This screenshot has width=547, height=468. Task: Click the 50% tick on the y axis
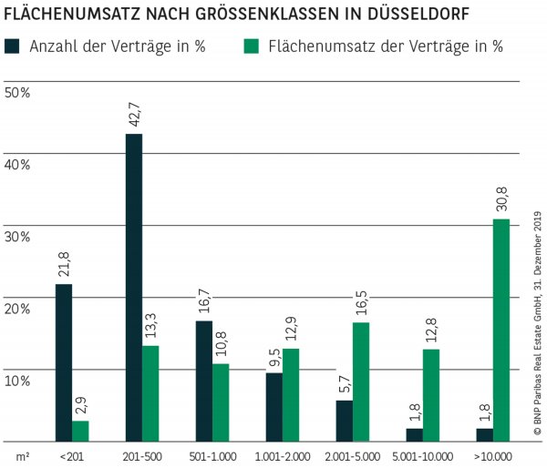coord(17,92)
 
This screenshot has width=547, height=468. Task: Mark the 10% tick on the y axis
coord(17,381)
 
